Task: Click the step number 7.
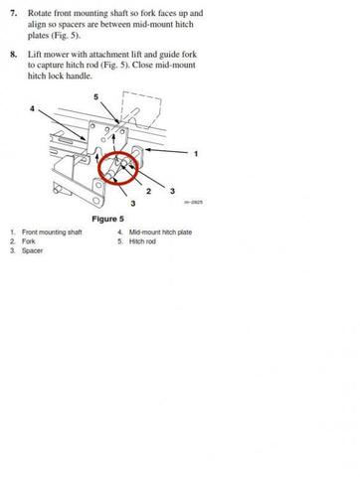pos(13,14)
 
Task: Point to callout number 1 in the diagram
pos(196,153)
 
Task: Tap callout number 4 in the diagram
pos(33,106)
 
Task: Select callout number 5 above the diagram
pos(95,97)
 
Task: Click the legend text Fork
pos(31,241)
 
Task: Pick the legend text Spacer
pos(34,250)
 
